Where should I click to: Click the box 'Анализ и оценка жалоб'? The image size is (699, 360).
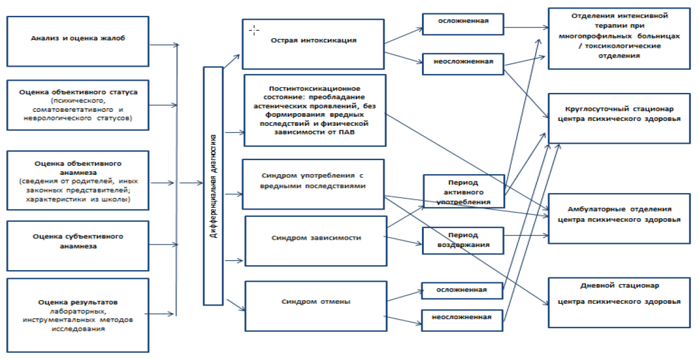[x=78, y=42]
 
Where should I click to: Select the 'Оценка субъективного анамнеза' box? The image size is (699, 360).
[x=78, y=241]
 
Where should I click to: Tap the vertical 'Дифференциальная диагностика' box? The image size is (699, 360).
[x=213, y=185]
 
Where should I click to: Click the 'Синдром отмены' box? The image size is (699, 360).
[x=316, y=301]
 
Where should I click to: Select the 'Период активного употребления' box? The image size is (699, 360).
[x=464, y=192]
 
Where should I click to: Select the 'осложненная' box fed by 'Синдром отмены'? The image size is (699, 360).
[x=462, y=290]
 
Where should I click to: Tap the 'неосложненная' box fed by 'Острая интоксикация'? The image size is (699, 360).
[x=462, y=62]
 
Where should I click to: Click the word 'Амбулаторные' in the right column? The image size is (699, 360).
[x=594, y=209]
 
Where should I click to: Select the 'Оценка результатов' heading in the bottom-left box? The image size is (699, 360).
[x=77, y=302]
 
